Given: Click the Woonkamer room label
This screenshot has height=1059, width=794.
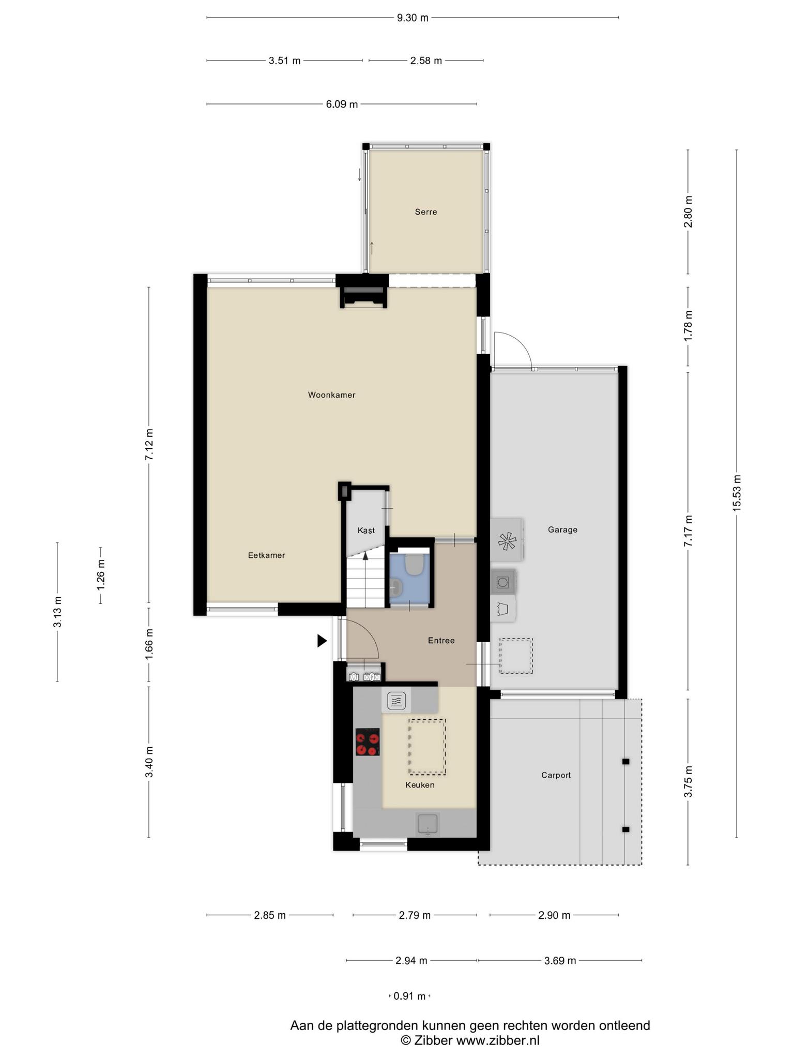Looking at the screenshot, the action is pyautogui.click(x=331, y=395).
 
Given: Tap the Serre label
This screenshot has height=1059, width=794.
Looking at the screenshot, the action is pyautogui.click(x=426, y=212).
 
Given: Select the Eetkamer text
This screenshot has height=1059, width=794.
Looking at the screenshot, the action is pyautogui.click(x=267, y=555).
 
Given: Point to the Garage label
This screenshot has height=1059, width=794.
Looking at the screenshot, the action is pyautogui.click(x=562, y=529).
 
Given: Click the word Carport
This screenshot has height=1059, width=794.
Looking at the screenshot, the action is pyautogui.click(x=556, y=775).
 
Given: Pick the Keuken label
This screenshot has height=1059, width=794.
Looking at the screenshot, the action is pyautogui.click(x=420, y=785).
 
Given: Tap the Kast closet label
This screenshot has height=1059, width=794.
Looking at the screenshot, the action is pyautogui.click(x=366, y=531).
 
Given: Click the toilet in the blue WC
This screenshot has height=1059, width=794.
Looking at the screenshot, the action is pyautogui.click(x=414, y=565).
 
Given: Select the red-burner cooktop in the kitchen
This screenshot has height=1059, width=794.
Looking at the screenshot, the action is pyautogui.click(x=368, y=743).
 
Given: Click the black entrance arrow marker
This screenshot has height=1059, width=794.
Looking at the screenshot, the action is pyautogui.click(x=322, y=641).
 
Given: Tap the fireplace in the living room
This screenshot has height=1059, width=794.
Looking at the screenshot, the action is pyautogui.click(x=364, y=298).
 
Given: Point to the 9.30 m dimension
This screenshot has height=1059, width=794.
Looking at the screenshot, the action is pyautogui.click(x=413, y=18).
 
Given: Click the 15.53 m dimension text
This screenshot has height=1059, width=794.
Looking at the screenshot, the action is pyautogui.click(x=737, y=493).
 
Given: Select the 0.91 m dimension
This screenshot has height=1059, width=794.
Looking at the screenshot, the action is pyautogui.click(x=409, y=996).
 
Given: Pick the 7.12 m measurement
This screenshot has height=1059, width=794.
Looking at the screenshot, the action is pyautogui.click(x=149, y=445).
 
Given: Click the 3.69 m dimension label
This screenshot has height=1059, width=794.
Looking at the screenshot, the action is pyautogui.click(x=560, y=961).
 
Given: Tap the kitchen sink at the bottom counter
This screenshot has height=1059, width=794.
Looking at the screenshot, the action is pyautogui.click(x=428, y=824).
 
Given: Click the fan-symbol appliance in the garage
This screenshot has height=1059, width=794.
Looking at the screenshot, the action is pyautogui.click(x=507, y=540).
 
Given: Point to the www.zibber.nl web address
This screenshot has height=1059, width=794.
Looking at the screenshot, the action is pyautogui.click(x=497, y=1040).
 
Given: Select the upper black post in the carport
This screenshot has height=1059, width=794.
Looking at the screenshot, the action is pyautogui.click(x=625, y=762).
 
